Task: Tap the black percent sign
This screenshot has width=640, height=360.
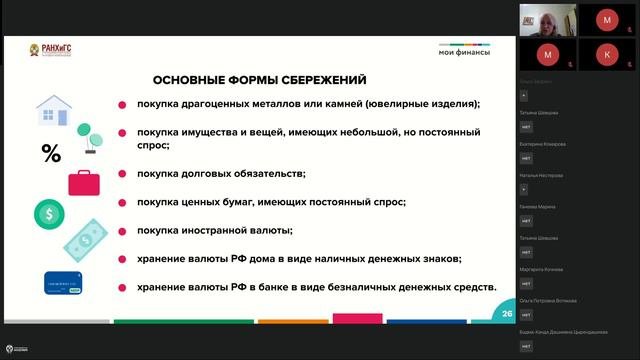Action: click(50, 153)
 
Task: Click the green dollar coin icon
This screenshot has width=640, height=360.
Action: click(48, 213)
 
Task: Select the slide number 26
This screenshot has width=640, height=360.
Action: click(507, 314)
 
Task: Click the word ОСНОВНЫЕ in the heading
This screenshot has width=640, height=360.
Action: click(187, 80)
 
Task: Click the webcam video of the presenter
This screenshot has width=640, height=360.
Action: click(546, 19)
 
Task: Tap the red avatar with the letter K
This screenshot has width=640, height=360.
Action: click(607, 52)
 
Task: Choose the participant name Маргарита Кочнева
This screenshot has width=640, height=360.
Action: click(543, 269)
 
